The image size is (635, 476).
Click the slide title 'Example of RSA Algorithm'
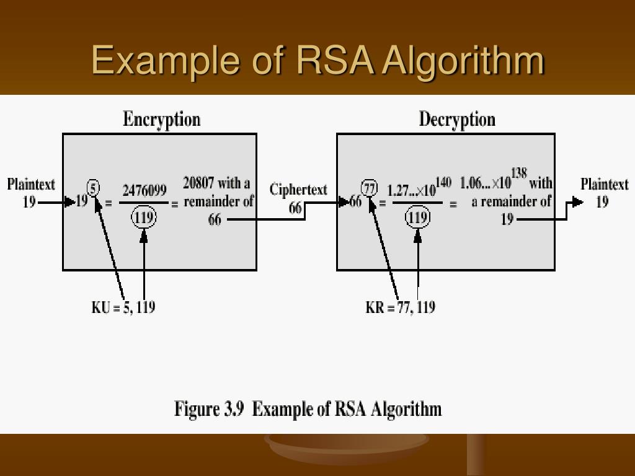(x=317, y=60)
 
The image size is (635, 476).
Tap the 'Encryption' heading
(x=161, y=119)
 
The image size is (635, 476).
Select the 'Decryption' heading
(x=457, y=119)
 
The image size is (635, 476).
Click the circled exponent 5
(x=94, y=187)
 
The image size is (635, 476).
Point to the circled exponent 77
(x=370, y=187)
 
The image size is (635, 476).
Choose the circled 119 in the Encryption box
(x=144, y=218)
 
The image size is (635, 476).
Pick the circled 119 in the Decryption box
(x=418, y=218)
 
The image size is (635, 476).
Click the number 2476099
(x=144, y=190)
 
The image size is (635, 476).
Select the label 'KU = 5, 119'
(x=123, y=307)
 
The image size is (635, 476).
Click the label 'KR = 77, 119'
(x=400, y=307)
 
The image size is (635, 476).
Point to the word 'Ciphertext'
(x=298, y=189)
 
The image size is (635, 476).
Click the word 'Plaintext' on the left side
(x=31, y=184)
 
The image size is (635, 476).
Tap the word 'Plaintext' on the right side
(x=604, y=184)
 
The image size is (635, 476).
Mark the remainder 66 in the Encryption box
(x=215, y=219)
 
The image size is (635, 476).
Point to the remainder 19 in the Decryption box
(x=507, y=219)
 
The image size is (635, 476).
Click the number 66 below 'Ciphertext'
(x=296, y=208)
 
